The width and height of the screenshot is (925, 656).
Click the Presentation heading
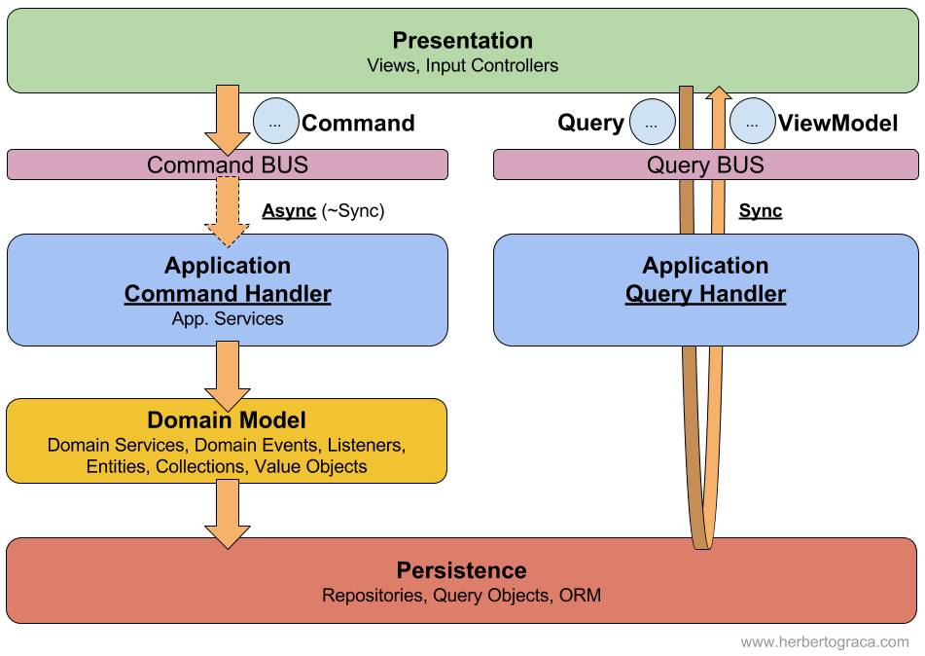[x=463, y=40]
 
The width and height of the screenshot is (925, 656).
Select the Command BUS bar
[x=228, y=164]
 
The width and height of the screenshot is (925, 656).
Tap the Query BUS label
[x=705, y=164]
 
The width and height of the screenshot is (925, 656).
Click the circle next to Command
[x=275, y=122]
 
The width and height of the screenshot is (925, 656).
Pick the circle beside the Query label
[x=652, y=122]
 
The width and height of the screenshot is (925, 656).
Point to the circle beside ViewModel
[x=752, y=122]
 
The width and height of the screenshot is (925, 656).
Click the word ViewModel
[x=837, y=123]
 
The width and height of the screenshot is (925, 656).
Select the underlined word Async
[x=289, y=211]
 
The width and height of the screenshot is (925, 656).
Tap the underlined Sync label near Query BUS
[x=761, y=211]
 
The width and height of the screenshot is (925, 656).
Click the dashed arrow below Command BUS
[x=228, y=212]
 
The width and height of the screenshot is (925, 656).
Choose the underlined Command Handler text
[x=228, y=294]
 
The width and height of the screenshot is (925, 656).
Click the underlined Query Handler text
[x=705, y=294]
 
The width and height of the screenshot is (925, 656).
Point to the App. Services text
[x=228, y=319]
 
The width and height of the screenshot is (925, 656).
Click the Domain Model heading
[x=227, y=419]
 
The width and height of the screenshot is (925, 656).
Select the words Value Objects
[x=311, y=466]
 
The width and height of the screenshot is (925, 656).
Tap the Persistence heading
[x=461, y=570]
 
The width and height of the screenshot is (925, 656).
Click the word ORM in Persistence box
[x=580, y=596]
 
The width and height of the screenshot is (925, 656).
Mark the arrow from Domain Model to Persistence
[x=228, y=514]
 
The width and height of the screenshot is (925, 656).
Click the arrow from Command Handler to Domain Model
[x=228, y=376]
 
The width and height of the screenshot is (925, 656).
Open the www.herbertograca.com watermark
[x=825, y=642]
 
